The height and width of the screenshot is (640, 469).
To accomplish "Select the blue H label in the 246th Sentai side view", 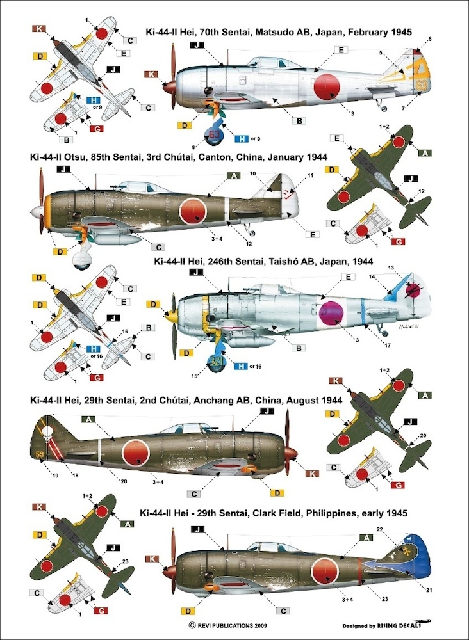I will click(x=241, y=365).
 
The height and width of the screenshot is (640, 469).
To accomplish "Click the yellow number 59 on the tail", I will click(x=40, y=455).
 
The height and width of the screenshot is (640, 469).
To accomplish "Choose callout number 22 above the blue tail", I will click(x=397, y=529).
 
